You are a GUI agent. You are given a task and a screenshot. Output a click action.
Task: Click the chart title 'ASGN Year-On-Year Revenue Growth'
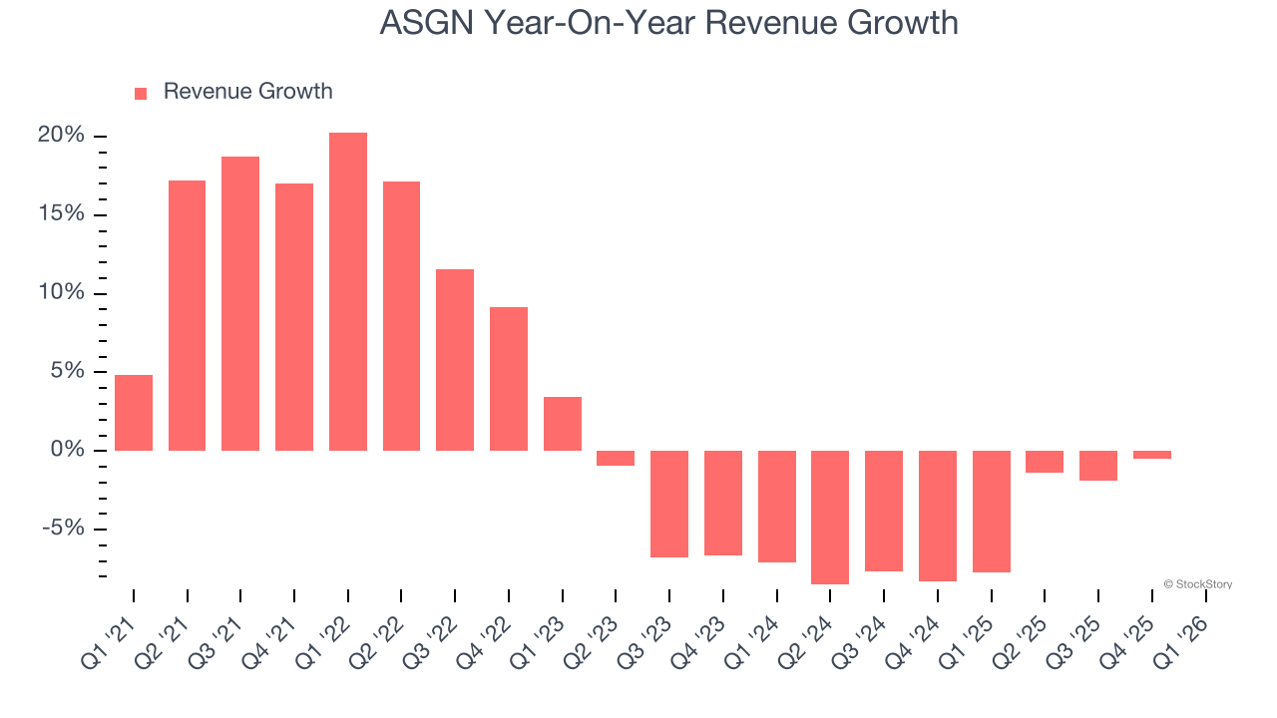pyautogui.click(x=668, y=22)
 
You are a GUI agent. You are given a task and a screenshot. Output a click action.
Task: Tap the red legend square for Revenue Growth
pyautogui.click(x=141, y=94)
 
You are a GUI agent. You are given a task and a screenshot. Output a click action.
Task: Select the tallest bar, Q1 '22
pyautogui.click(x=348, y=291)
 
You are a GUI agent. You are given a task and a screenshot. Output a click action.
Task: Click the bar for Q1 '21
pyautogui.click(x=134, y=413)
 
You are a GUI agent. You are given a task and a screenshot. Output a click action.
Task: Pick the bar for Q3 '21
pyautogui.click(x=240, y=303)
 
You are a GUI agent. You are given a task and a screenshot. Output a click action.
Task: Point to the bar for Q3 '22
pyautogui.click(x=455, y=360)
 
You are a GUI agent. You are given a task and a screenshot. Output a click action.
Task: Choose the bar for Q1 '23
pyautogui.click(x=563, y=424)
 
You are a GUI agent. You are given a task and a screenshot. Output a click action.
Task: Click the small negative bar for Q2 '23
pyautogui.click(x=616, y=458)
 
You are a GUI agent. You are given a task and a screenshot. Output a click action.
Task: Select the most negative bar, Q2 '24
pyautogui.click(x=830, y=517)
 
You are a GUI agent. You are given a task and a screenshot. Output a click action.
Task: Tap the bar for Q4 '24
pyautogui.click(x=938, y=516)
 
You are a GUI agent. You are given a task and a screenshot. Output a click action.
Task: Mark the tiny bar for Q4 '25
pyautogui.click(x=1151, y=455)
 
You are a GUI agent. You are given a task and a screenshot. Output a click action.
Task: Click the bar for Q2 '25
pyautogui.click(x=1045, y=462)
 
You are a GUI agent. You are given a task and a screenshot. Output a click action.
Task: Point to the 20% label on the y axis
pyautogui.click(x=61, y=136)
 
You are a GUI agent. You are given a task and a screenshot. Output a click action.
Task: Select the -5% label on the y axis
pyautogui.click(x=63, y=529)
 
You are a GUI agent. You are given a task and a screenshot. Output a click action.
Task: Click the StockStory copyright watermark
pyautogui.click(x=1197, y=584)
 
